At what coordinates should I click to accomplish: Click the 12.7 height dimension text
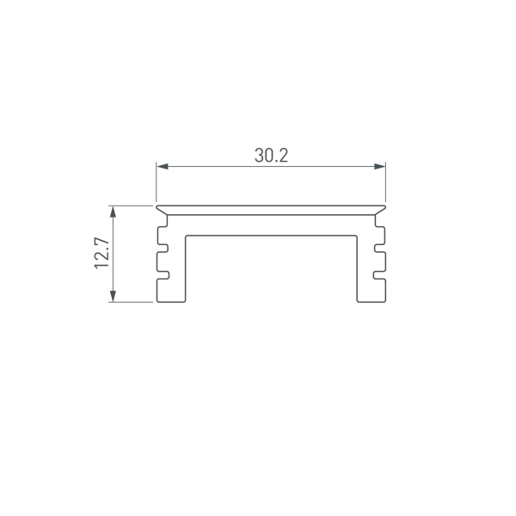tap(102, 254)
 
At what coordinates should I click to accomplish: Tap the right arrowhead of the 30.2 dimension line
tap(380, 166)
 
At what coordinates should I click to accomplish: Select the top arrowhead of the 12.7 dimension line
tap(113, 211)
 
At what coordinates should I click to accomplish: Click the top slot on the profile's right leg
tap(378, 232)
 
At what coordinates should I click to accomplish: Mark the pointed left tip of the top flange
tap(156, 206)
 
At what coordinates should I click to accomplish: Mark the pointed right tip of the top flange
tap(385, 206)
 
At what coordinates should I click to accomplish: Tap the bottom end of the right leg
tap(371, 302)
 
